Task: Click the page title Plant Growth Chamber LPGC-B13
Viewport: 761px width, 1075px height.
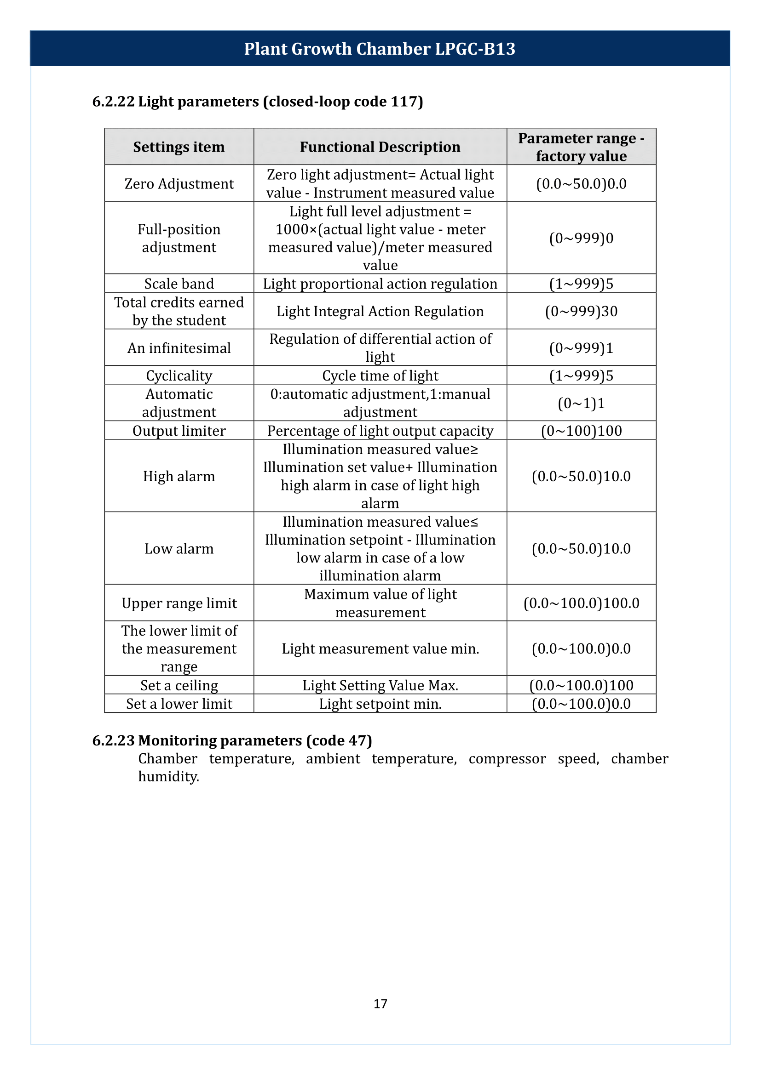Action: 380,49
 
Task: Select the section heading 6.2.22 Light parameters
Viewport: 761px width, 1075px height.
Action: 257,102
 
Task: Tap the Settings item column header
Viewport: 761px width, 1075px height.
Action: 179,147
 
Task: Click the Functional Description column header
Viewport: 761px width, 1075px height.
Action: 380,147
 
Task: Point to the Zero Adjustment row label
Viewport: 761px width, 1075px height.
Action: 179,183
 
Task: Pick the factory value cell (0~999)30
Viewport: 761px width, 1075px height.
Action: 581,311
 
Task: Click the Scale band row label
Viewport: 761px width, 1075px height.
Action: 179,284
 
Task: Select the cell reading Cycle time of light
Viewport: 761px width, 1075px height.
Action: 380,375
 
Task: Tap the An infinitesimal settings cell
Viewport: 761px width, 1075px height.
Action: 179,348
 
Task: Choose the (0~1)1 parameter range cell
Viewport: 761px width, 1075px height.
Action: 581,403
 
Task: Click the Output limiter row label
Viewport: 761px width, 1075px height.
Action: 179,431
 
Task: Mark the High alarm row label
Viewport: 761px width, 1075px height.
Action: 179,476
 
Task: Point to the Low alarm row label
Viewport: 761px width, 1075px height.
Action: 179,549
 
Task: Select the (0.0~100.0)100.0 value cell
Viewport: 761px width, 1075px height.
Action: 581,603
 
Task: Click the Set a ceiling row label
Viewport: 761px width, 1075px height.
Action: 179,685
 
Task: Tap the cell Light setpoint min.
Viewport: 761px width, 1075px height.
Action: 380,704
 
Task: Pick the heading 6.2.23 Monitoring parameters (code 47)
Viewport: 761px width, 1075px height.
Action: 232,741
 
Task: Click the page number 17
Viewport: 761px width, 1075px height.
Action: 380,1004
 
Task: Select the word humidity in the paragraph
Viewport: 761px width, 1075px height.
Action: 168,777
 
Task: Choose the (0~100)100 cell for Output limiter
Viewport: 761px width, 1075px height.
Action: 581,431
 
